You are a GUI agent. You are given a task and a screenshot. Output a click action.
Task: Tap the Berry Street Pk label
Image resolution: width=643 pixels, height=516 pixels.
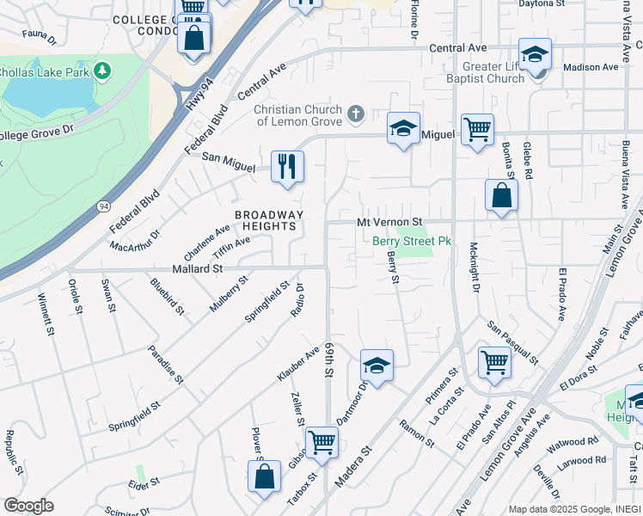point(412,242)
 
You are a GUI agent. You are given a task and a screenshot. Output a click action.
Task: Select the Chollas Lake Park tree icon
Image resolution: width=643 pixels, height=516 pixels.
point(102,69)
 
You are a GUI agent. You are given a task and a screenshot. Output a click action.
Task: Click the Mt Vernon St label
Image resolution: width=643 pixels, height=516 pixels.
point(391,222)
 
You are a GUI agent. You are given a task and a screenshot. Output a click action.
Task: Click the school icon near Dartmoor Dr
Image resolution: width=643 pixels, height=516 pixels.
point(377,365)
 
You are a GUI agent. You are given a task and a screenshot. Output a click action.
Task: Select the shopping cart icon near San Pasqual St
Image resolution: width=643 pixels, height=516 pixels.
point(494,361)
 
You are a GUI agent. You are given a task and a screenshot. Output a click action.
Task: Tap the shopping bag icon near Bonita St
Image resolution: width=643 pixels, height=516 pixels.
point(501,195)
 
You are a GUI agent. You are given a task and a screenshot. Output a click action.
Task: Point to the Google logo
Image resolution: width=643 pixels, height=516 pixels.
point(28,506)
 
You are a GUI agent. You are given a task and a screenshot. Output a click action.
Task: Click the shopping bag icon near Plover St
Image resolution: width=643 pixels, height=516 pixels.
point(266,476)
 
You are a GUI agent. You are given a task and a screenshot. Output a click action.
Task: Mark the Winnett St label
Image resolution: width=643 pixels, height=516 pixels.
point(45,314)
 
